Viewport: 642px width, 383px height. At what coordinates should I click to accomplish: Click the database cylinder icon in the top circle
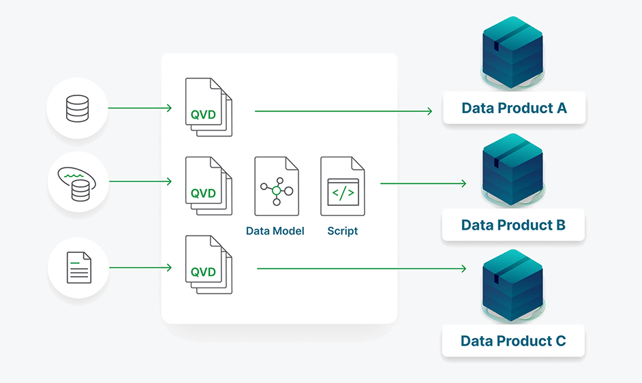point(77,108)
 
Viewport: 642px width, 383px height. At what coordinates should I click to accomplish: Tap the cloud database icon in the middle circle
point(77,182)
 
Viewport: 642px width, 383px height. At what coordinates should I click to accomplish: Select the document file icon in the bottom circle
point(78,267)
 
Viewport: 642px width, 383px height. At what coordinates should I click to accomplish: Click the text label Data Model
point(275,231)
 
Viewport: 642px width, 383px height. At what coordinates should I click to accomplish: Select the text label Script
point(342,231)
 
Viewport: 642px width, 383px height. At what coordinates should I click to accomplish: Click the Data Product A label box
point(514,108)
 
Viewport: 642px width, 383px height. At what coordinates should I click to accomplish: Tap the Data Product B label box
point(513,225)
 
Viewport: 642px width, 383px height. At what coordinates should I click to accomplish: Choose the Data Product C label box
point(513,341)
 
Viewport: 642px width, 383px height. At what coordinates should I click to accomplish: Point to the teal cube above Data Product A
point(512,51)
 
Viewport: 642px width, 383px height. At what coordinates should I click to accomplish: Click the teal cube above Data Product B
point(512,169)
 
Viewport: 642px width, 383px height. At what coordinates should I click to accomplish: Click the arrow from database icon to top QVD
point(139,108)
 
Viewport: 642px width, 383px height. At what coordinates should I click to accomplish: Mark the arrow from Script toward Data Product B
point(423,183)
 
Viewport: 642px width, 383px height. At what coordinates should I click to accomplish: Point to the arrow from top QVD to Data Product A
point(343,110)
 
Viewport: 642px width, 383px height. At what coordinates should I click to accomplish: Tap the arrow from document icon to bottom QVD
point(140,267)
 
